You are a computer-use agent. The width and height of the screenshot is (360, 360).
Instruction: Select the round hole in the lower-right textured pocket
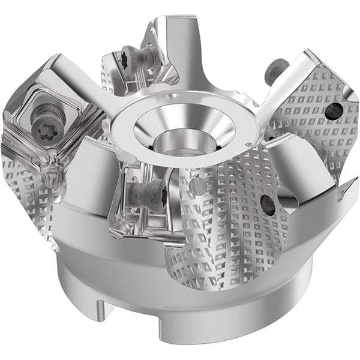coord(268,205)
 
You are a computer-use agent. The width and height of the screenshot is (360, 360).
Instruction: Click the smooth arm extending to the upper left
coord(84,81)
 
